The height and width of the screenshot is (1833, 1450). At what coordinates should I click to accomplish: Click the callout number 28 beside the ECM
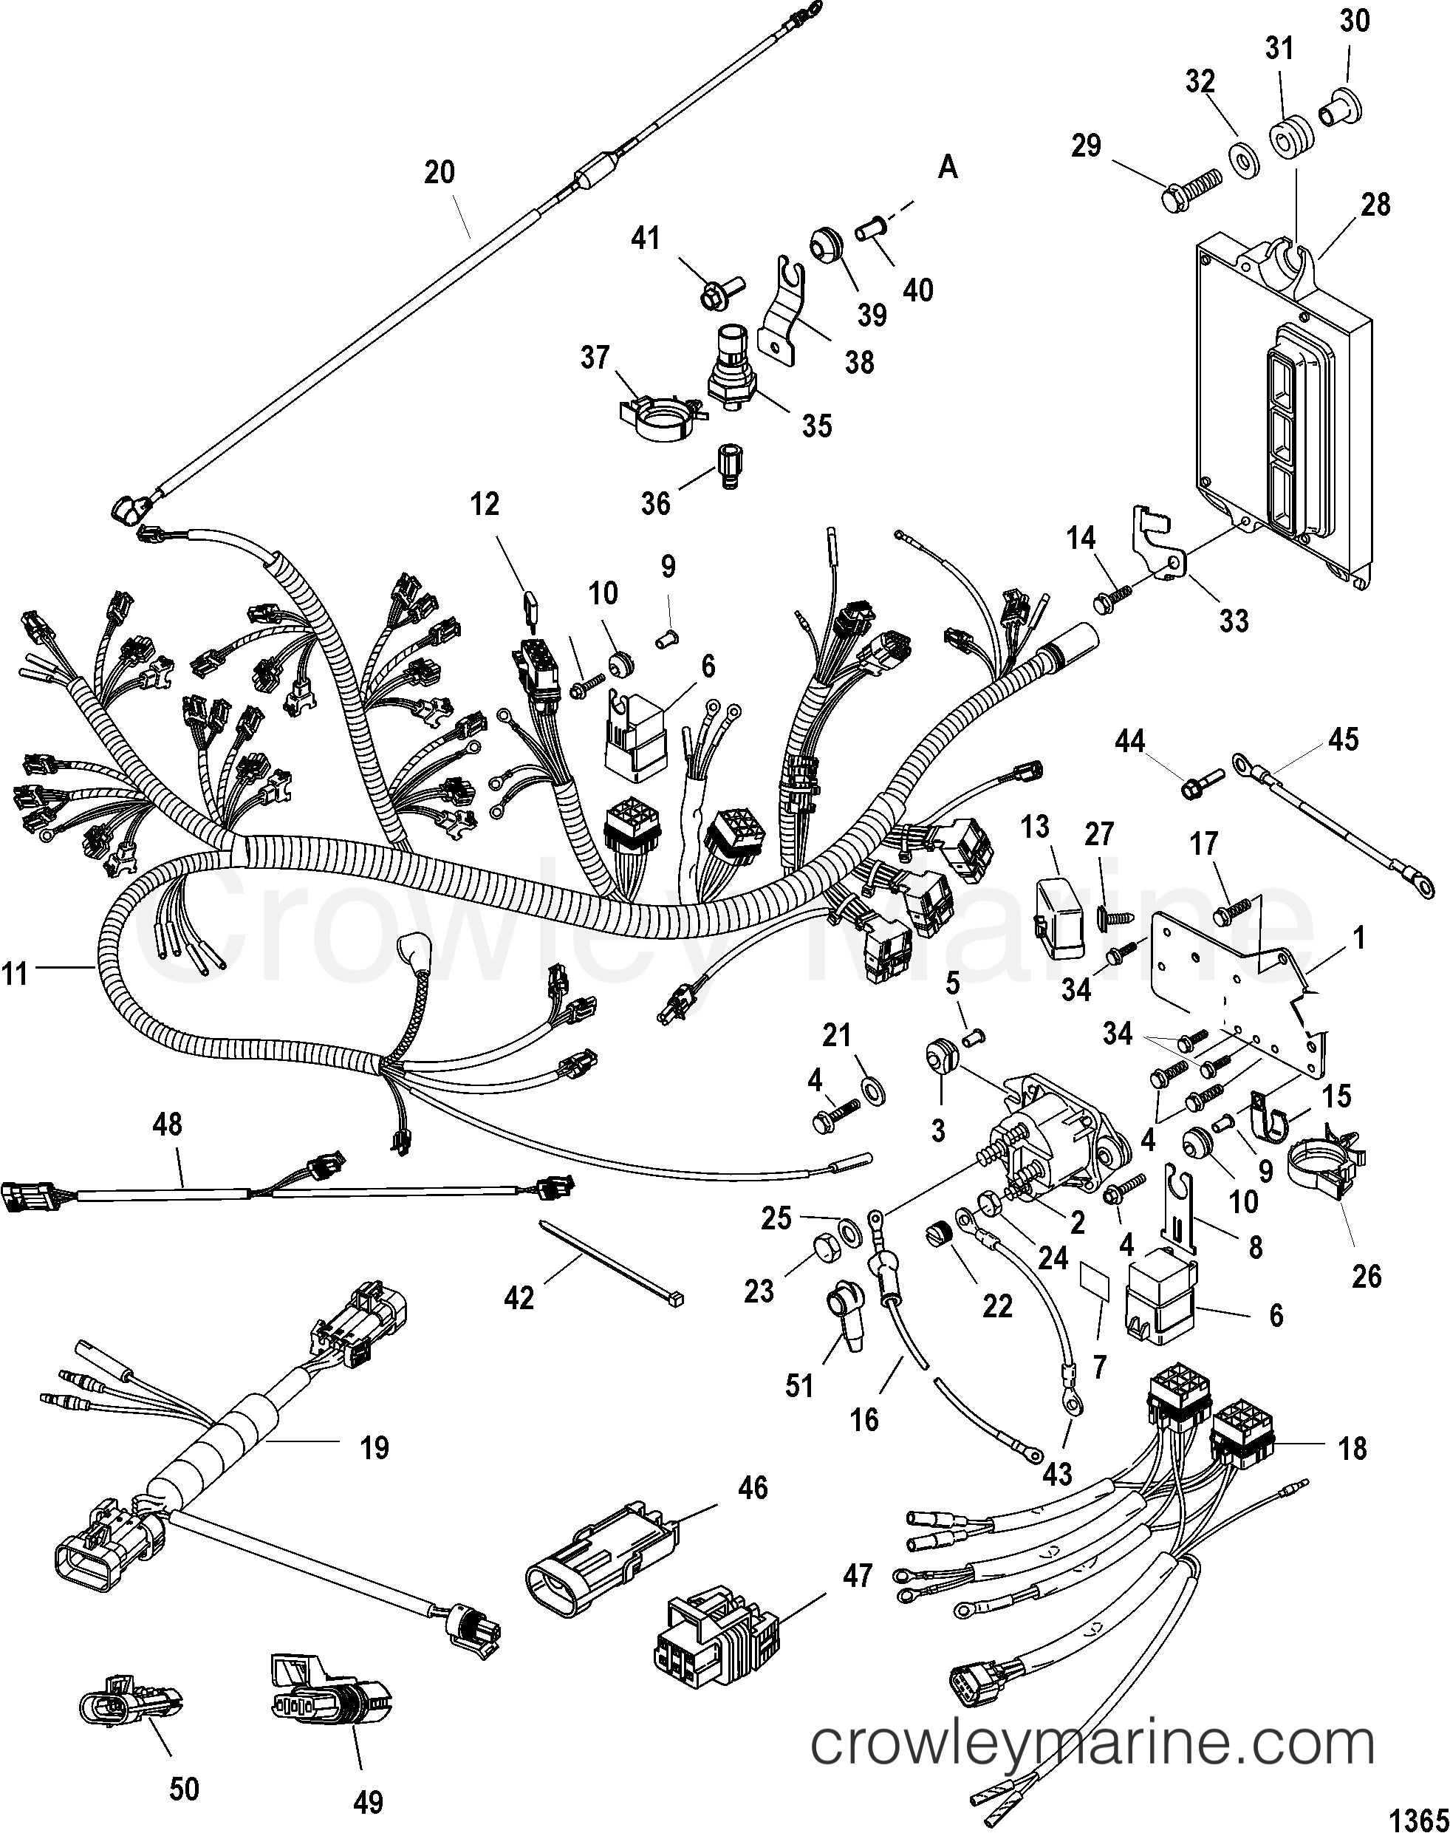[1375, 205]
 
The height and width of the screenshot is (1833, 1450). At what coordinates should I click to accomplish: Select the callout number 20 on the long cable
[440, 172]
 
